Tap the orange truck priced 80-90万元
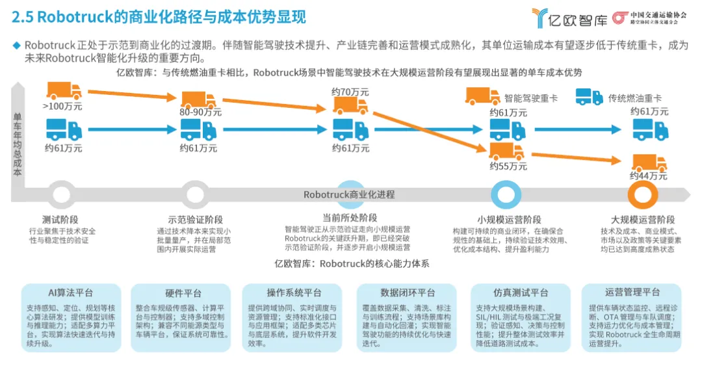[198, 99]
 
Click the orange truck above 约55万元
[506, 152]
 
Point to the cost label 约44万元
[648, 176]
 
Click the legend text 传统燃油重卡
[634, 98]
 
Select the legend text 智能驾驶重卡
[531, 98]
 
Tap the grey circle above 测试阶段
[62, 194]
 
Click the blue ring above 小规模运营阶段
[506, 194]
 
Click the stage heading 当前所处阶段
[350, 217]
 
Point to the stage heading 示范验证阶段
[195, 219]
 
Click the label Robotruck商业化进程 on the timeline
[349, 194]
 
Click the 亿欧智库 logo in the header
[569, 18]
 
